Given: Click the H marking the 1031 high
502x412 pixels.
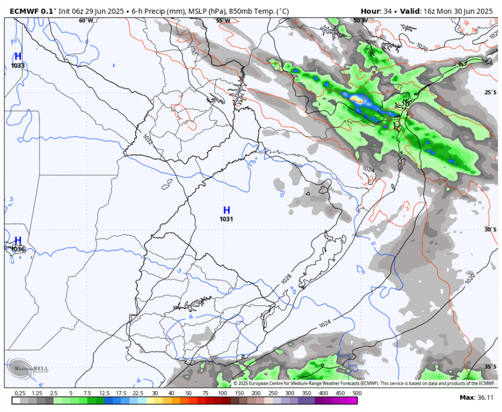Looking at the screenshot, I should coord(226,210).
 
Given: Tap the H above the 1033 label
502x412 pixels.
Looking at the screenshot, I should coord(18,56).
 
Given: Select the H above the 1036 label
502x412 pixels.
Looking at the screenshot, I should coord(18,240).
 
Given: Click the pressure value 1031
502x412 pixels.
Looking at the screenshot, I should coord(226,219).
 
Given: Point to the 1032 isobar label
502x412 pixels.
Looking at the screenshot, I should coord(147,138).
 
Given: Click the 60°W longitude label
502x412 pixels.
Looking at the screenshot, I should coord(86,20).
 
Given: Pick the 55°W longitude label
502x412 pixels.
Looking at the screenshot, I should coord(223,20).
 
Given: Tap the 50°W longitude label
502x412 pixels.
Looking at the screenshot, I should coord(360,20).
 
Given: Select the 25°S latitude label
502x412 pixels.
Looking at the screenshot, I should coord(489,92).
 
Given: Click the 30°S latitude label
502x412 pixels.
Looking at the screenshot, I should coord(489,230).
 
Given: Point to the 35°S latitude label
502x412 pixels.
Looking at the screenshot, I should coord(489,366).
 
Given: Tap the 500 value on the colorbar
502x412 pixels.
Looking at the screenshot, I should coord(357,393).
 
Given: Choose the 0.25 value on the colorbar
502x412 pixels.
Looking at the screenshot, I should coord(20,393).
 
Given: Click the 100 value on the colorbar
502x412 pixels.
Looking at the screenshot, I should coord(222,393).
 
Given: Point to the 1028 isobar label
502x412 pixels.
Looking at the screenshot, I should coord(286,279).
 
